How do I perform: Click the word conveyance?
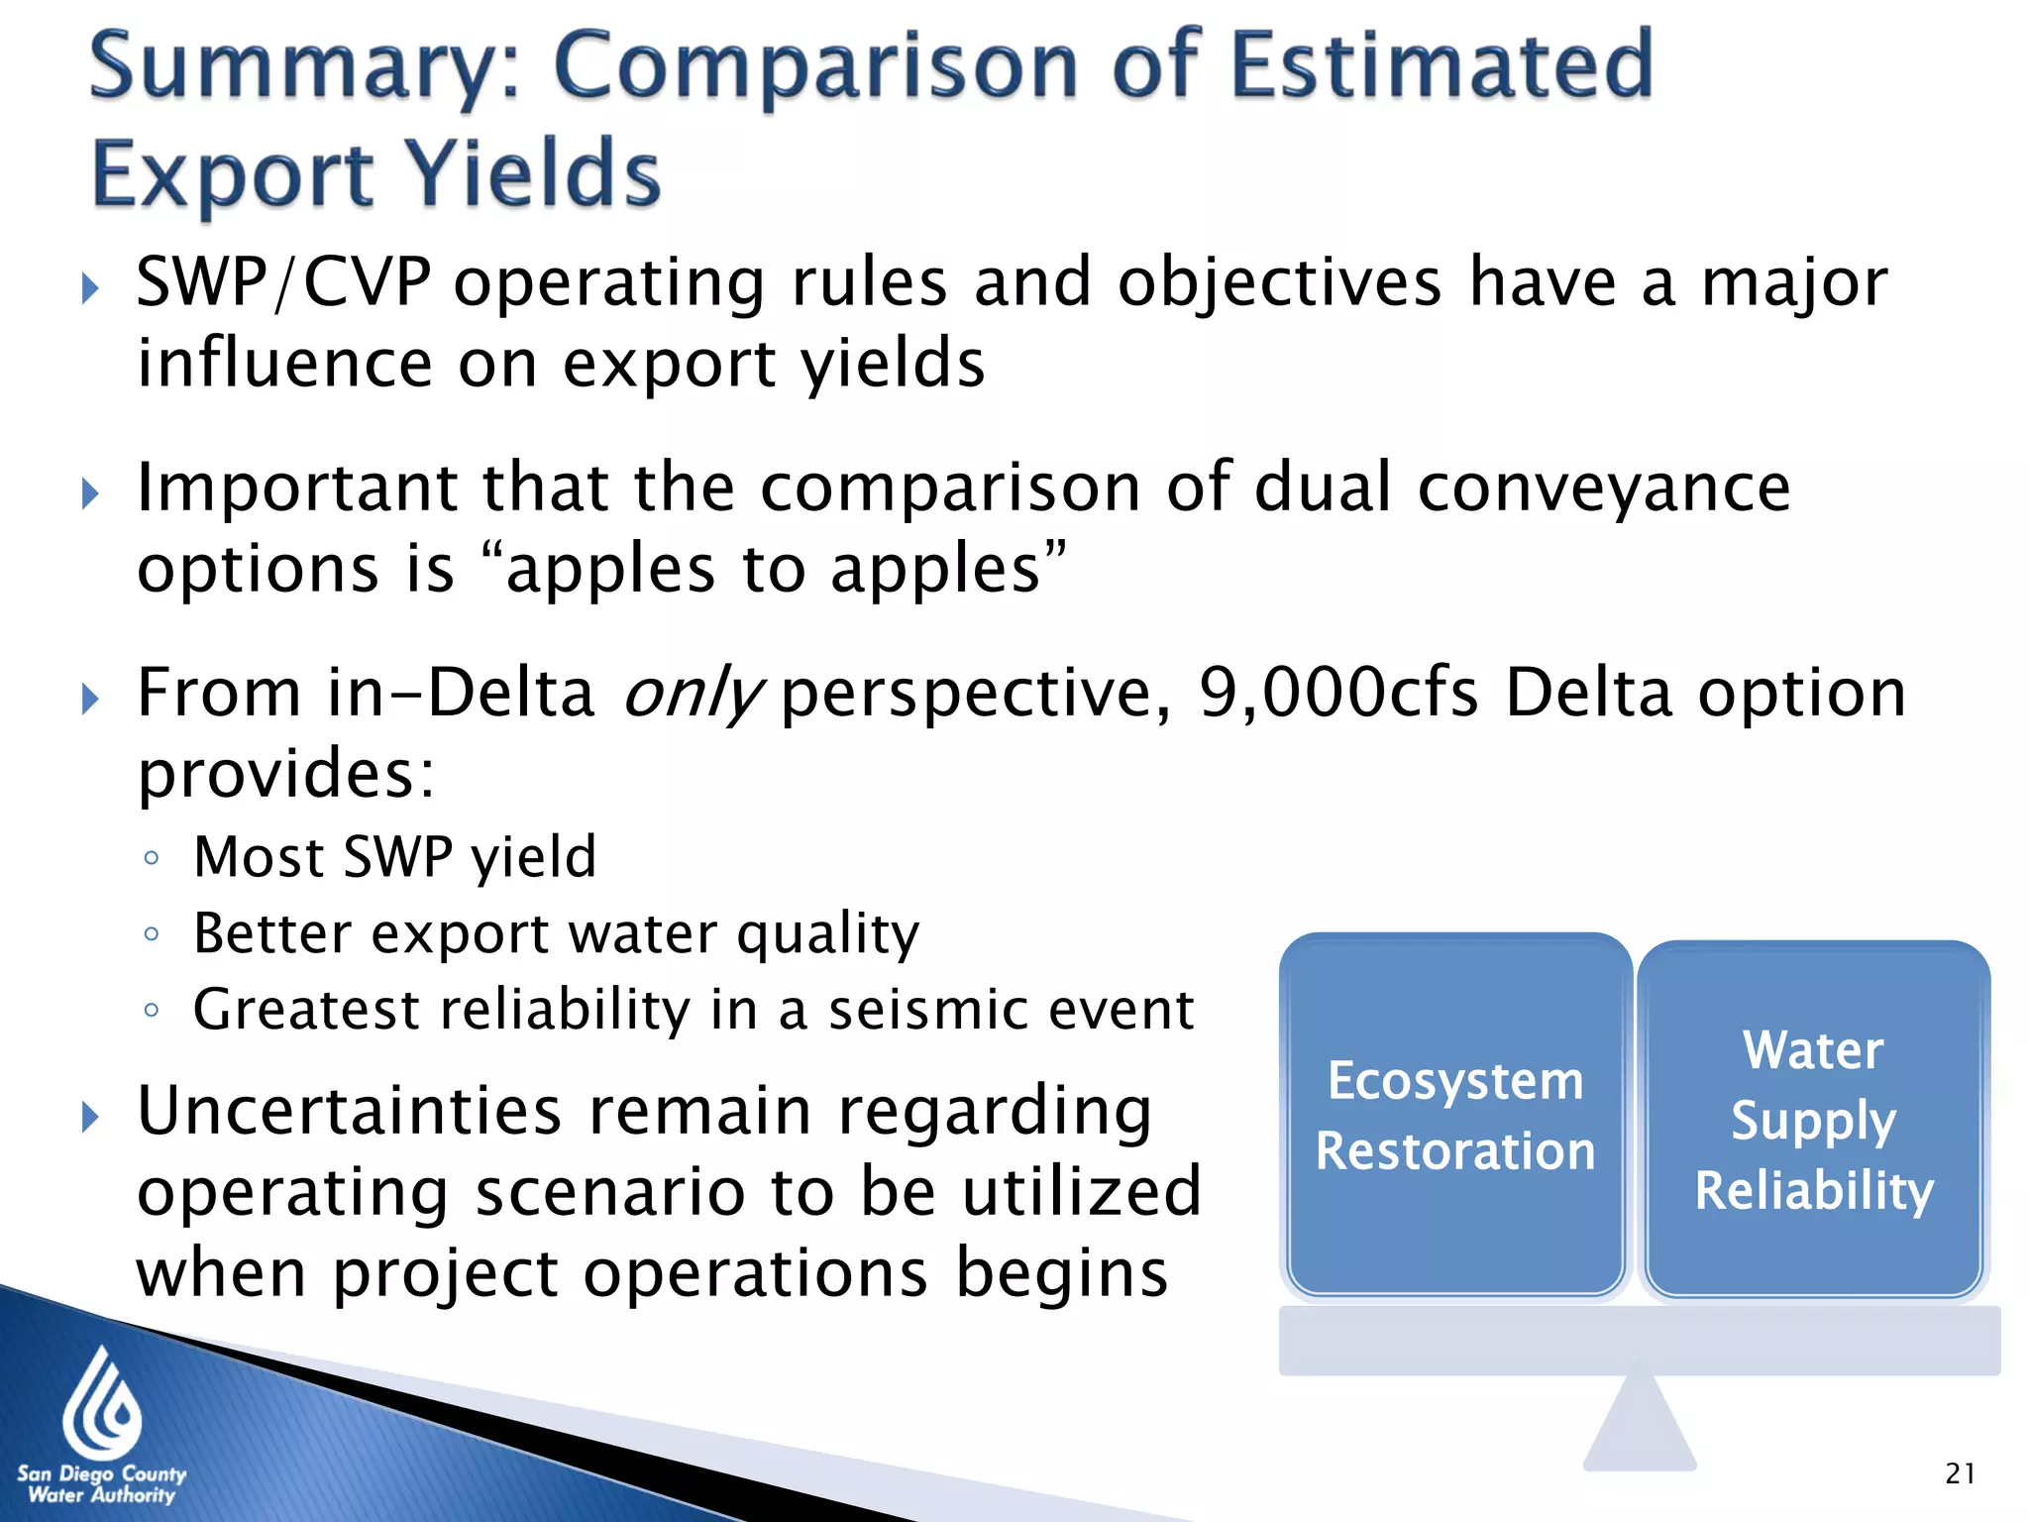(x=1604, y=488)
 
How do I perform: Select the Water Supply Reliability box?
(x=1813, y=1120)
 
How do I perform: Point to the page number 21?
(x=1960, y=1473)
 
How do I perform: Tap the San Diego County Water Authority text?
(x=101, y=1484)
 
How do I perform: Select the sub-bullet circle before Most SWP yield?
(x=152, y=858)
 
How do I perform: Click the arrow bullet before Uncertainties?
(x=90, y=1117)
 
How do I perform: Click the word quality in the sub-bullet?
(x=828, y=934)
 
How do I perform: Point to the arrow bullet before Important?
(x=90, y=492)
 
